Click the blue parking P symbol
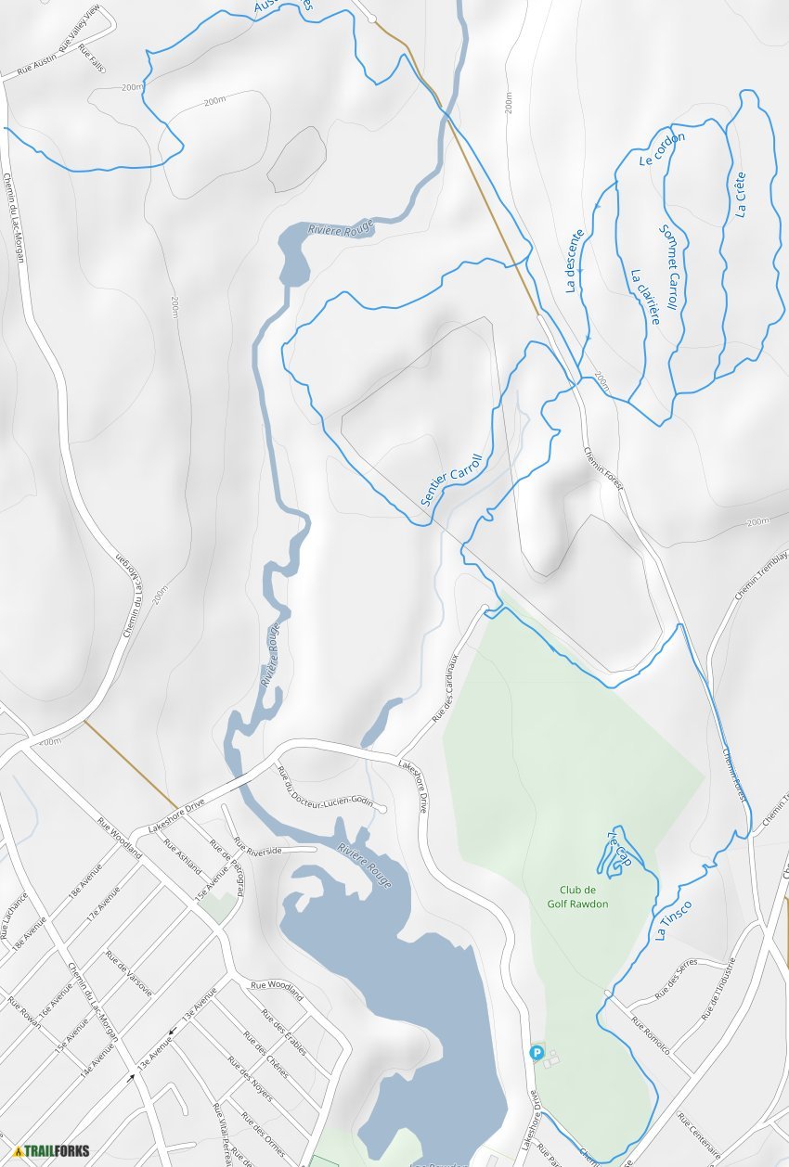pyautogui.click(x=537, y=1052)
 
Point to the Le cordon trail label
pyautogui.click(x=661, y=148)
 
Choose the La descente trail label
pyautogui.click(x=575, y=261)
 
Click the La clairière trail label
pyautogui.click(x=644, y=296)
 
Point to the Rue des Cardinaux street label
pyautogui.click(x=446, y=687)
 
